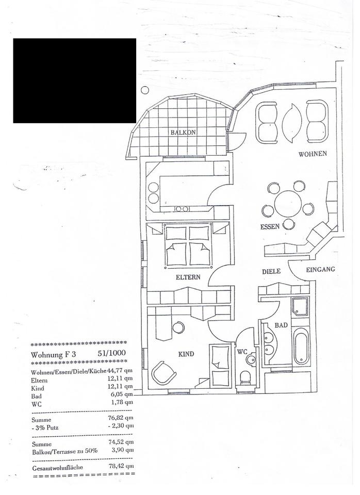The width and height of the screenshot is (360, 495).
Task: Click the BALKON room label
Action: click(x=184, y=133)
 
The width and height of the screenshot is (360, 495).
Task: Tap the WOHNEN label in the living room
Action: click(x=312, y=154)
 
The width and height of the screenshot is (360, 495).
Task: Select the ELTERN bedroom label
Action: click(x=188, y=277)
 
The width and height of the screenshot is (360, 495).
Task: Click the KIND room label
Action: click(x=186, y=354)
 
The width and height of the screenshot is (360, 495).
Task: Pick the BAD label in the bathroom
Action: click(x=281, y=326)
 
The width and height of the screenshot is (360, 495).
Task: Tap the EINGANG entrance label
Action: click(x=320, y=269)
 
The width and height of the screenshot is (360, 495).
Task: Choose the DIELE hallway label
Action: click(x=271, y=271)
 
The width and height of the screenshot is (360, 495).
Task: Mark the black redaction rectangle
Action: click(x=75, y=80)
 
